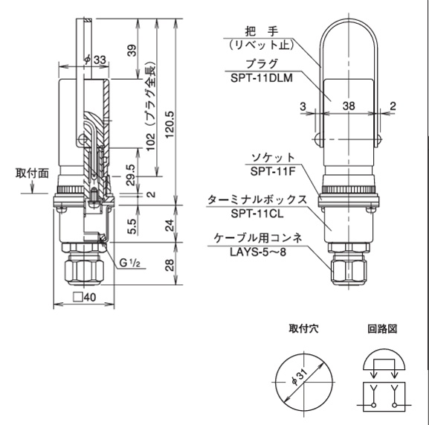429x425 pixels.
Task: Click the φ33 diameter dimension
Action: point(94,60)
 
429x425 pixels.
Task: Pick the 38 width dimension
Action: point(348,106)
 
